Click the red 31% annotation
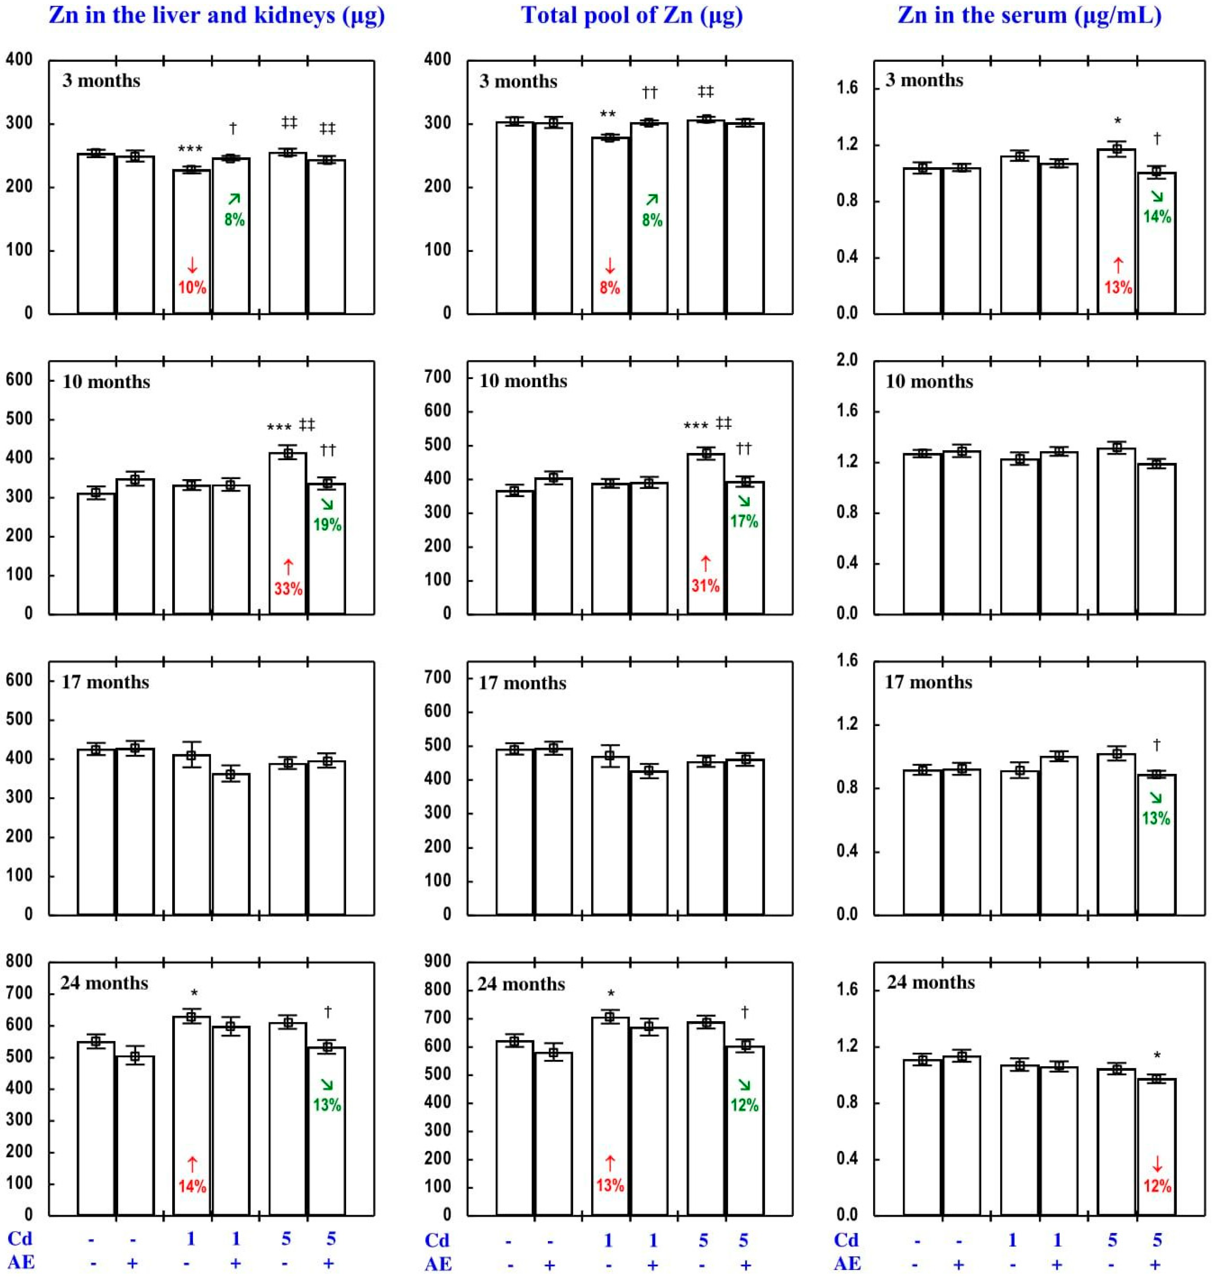coord(705,585)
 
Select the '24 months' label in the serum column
coord(930,982)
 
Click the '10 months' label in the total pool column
coord(523,381)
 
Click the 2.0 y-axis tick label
coord(847,360)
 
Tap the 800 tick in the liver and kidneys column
coord(19,961)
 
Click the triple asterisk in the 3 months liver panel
coord(190,149)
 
